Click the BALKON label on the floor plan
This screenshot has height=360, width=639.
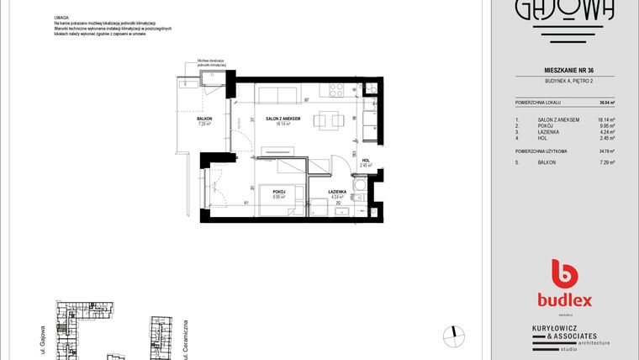tap(204, 119)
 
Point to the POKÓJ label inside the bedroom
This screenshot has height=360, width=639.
tap(279, 192)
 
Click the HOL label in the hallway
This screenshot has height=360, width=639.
tap(366, 161)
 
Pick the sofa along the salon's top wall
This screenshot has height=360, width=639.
tap(277, 93)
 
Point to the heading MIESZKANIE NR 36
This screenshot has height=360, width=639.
tap(565, 70)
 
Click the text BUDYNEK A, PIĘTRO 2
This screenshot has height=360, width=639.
tap(565, 80)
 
